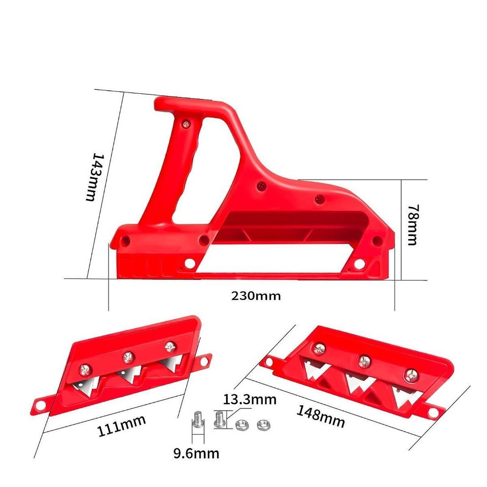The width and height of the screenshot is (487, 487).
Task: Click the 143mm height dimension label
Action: point(90,177)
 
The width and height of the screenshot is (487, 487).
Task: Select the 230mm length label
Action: point(256,296)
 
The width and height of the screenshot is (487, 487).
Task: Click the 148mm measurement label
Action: point(321,415)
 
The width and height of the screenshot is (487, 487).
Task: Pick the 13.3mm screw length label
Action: point(250,400)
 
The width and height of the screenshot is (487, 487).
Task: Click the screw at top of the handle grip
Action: point(188,123)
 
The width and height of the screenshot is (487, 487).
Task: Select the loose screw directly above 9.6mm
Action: point(198,421)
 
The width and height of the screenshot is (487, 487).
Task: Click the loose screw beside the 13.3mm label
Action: point(220,419)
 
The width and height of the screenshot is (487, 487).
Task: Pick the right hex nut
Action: point(262,424)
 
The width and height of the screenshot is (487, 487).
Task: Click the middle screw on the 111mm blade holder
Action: point(127,358)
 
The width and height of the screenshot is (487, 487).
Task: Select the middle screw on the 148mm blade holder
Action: point(364,361)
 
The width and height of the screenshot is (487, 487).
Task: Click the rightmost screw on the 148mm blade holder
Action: point(410,376)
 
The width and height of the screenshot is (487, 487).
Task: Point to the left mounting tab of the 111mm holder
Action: point(40,405)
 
